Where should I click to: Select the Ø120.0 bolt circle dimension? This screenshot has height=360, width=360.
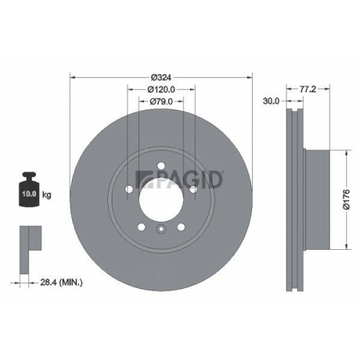[x=161, y=89]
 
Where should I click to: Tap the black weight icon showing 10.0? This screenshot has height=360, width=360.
[x=30, y=191]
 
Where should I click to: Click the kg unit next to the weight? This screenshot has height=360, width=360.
[x=48, y=194]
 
